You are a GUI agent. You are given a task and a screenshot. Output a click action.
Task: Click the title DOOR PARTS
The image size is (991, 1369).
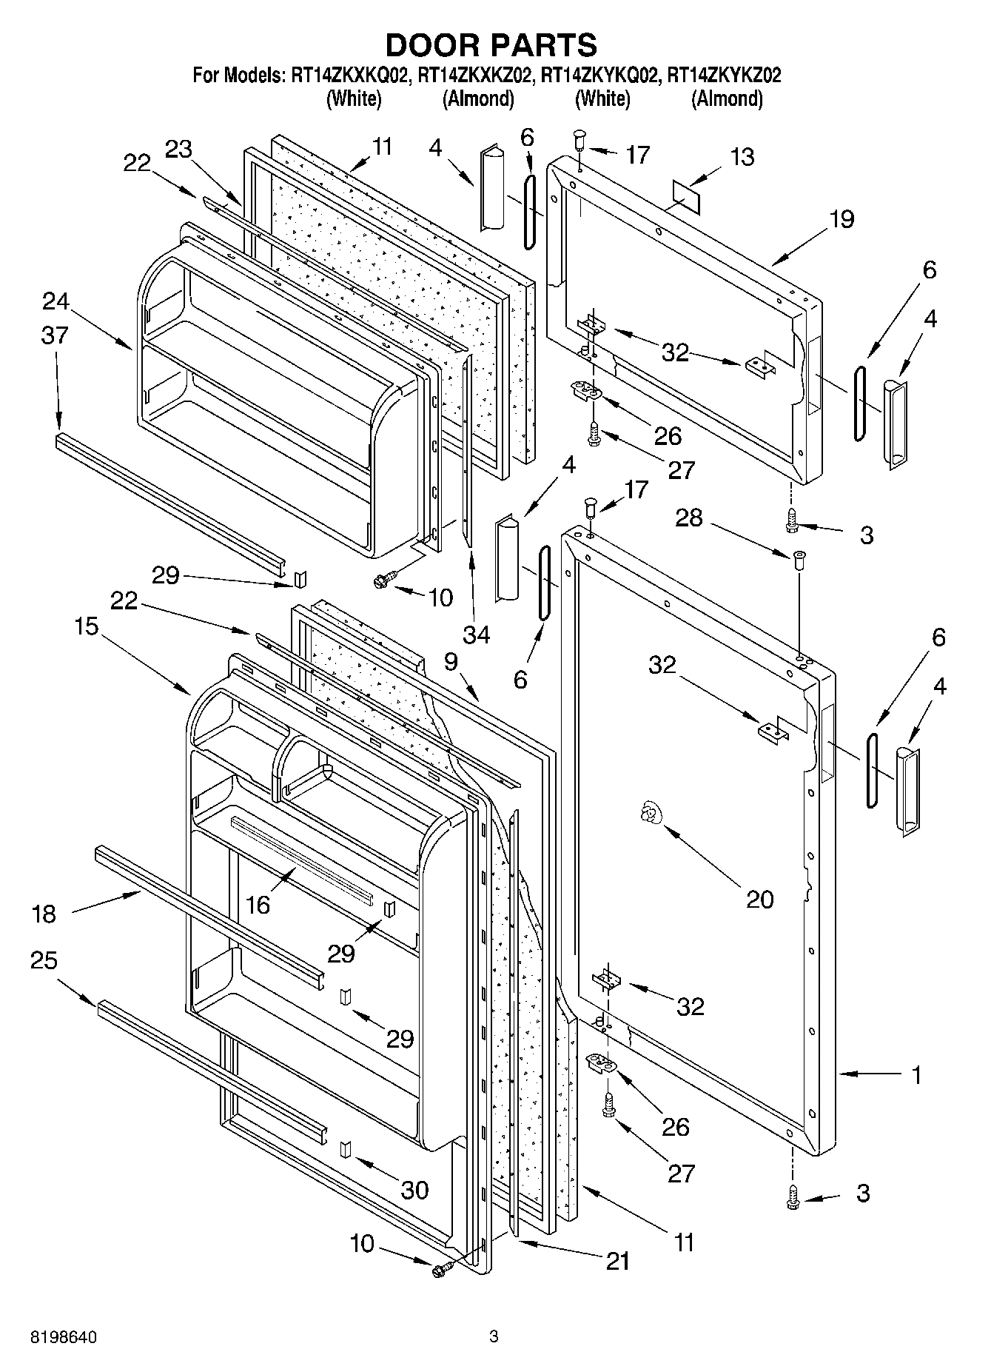491,45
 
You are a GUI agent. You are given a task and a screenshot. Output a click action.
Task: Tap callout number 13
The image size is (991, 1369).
742,157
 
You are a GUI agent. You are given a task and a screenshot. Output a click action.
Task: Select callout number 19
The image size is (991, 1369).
841,219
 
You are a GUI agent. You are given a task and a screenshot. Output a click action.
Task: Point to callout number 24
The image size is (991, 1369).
56,301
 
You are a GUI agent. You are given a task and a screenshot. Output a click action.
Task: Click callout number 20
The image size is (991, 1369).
759,899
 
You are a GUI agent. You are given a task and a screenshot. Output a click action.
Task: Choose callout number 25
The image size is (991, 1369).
44,960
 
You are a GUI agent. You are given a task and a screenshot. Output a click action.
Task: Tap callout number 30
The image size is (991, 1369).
414,1190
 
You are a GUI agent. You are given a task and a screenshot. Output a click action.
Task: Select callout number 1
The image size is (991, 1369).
916,1074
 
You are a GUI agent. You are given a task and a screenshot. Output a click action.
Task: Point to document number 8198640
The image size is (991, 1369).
64,1337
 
